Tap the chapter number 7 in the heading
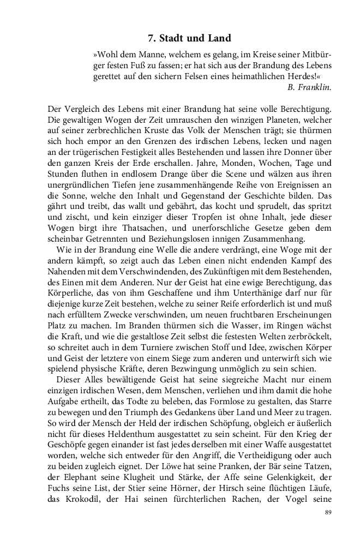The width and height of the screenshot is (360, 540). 151,38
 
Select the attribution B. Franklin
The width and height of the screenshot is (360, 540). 309,86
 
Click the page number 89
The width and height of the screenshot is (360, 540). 328,512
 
